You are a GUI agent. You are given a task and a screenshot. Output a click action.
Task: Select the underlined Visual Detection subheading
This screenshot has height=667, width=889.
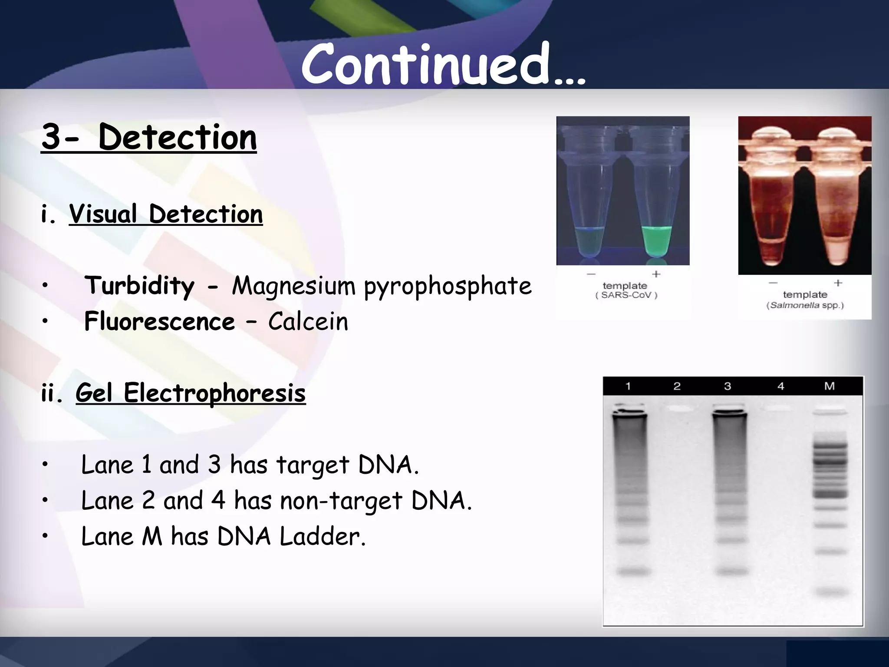165,214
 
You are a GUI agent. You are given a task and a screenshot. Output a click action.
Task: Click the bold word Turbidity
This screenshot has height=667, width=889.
139,286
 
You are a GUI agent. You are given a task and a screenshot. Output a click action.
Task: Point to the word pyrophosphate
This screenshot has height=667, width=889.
448,287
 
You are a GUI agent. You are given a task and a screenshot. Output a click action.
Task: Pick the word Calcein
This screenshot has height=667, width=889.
308,322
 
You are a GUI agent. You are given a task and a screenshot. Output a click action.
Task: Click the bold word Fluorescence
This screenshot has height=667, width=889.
159,322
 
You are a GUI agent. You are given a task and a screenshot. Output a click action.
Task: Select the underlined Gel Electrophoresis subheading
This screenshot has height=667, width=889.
191,393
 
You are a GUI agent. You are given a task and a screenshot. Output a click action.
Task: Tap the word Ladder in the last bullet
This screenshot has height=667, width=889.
322,536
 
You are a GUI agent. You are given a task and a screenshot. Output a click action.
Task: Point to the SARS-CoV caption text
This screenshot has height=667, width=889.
626,295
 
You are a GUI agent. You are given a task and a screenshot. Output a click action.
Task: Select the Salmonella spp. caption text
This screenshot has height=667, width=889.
805,305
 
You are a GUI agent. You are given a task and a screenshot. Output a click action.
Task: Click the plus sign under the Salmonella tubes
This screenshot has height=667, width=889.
838,283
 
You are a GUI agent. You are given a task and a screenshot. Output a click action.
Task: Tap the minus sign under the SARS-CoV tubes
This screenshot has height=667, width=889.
591,274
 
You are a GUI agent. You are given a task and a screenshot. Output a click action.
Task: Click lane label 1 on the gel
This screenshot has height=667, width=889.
628,386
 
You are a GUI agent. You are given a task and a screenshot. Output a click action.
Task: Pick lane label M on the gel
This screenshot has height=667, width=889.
829,386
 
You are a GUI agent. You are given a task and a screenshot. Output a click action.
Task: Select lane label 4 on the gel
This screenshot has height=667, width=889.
780,386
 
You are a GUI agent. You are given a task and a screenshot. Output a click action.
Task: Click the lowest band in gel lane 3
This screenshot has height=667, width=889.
732,571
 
